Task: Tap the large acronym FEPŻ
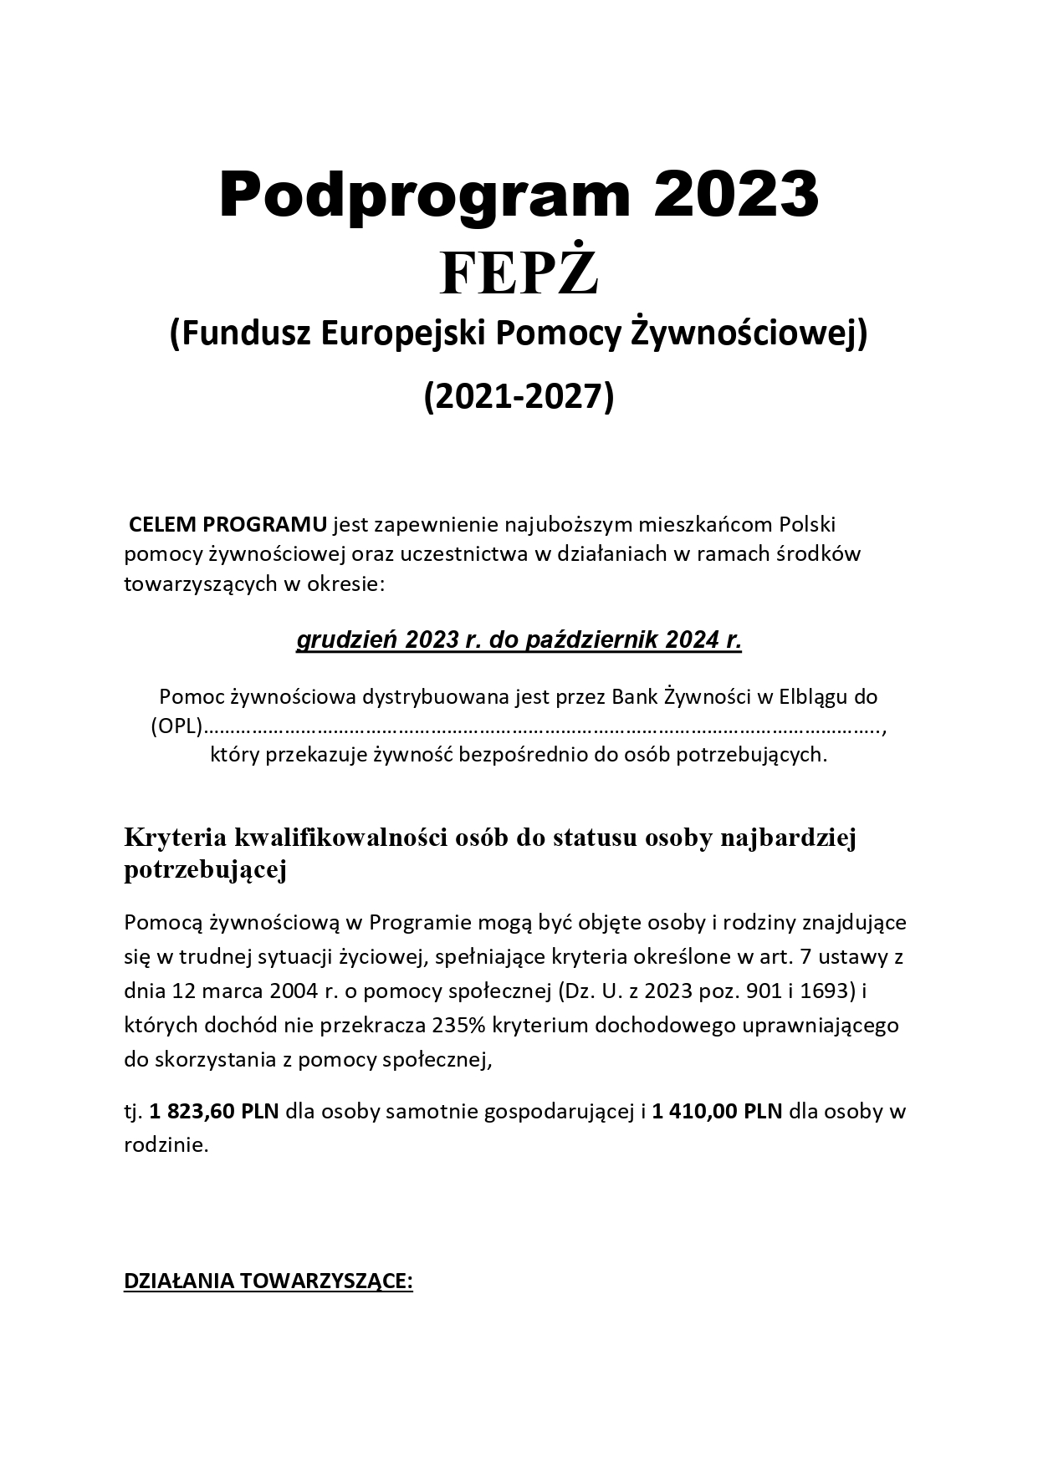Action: (519, 274)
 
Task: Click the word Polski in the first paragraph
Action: (807, 525)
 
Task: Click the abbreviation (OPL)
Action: (177, 726)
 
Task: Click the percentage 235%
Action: (461, 1025)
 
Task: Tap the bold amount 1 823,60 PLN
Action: (215, 1112)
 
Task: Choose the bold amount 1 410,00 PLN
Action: (718, 1112)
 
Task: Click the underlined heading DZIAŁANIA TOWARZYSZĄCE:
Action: (268, 1282)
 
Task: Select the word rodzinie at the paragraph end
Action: (166, 1145)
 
